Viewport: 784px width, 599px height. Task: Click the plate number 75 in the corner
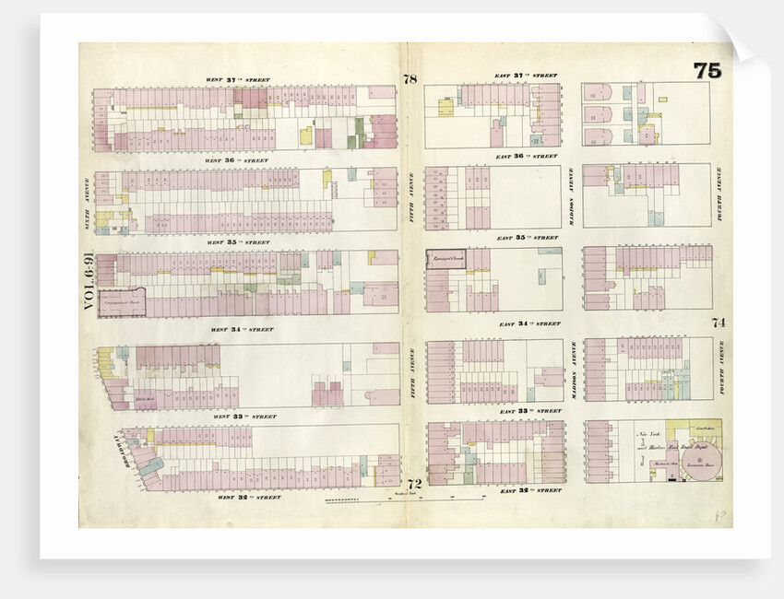pyautogui.click(x=707, y=71)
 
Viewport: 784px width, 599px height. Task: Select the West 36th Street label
pyautogui.click(x=239, y=160)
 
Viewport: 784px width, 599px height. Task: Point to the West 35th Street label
pyautogui.click(x=237, y=242)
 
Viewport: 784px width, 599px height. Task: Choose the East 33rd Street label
pyautogui.click(x=529, y=410)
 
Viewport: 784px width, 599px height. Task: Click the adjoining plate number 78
pyautogui.click(x=410, y=80)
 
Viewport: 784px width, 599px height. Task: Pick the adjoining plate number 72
pyautogui.click(x=414, y=484)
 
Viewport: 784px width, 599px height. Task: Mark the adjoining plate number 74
pyautogui.click(x=719, y=323)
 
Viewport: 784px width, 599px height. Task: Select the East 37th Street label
pyautogui.click(x=526, y=76)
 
